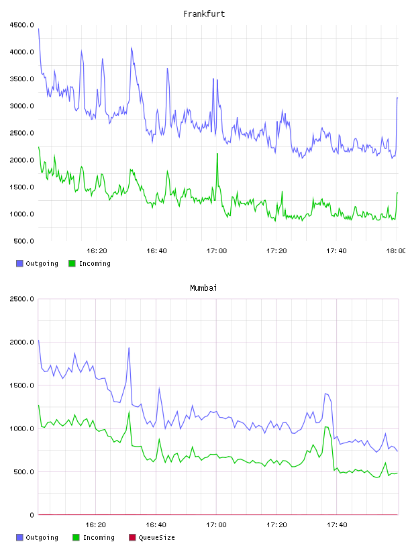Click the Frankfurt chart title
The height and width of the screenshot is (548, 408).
(204, 13)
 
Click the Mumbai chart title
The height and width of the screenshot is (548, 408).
(203, 287)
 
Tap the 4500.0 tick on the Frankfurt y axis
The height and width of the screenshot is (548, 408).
(21, 25)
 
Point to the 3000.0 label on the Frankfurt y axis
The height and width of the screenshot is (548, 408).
(21, 106)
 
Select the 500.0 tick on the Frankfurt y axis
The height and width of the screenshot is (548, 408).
(23, 241)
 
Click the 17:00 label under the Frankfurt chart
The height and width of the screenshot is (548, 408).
(217, 250)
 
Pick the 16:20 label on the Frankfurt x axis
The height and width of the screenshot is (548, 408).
(97, 250)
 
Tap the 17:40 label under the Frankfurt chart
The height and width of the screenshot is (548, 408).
(336, 250)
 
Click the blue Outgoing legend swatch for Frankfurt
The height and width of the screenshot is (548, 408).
(19, 263)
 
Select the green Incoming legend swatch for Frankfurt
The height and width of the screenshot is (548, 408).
(72, 263)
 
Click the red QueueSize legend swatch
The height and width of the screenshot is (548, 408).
(132, 537)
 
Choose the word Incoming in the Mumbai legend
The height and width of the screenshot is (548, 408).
(99, 537)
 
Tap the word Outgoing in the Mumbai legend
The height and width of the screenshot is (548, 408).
(42, 537)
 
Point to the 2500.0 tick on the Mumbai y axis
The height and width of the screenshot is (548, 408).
(21, 299)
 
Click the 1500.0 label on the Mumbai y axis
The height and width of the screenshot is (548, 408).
(21, 385)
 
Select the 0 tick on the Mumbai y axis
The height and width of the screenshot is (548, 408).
(32, 515)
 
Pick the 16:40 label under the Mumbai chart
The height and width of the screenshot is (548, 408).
(156, 524)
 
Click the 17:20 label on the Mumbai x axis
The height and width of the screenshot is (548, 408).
(276, 524)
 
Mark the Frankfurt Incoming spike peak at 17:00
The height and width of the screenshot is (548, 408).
(217, 153)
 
